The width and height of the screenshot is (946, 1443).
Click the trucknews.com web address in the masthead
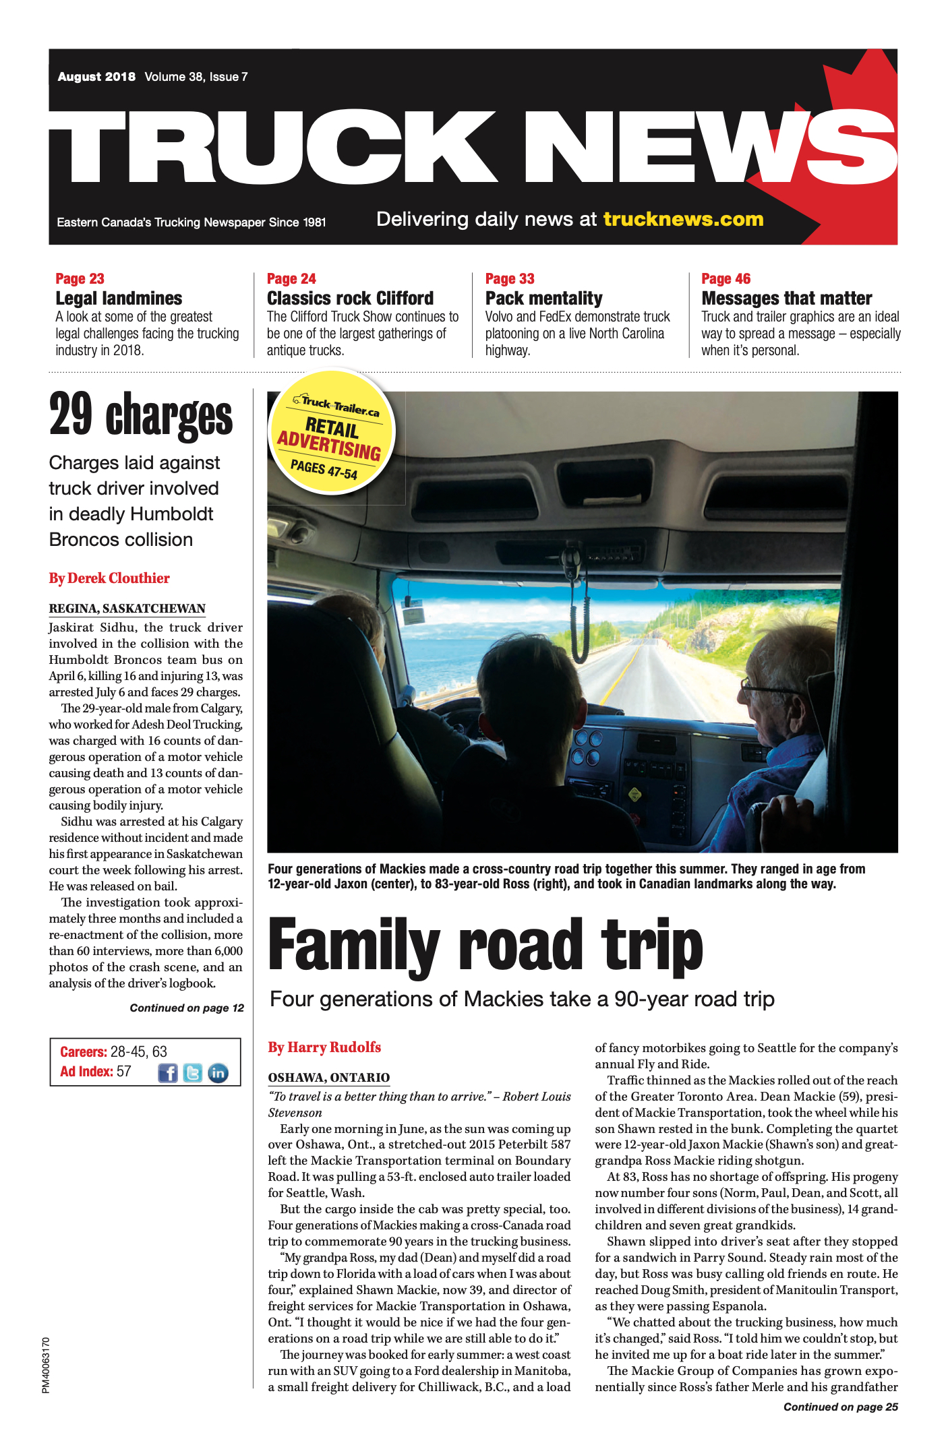(x=683, y=220)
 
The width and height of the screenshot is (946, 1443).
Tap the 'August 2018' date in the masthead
(x=96, y=77)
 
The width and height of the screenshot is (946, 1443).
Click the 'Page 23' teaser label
(x=80, y=278)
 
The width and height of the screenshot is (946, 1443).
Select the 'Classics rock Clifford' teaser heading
(x=350, y=298)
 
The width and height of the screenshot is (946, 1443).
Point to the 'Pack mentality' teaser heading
(x=543, y=298)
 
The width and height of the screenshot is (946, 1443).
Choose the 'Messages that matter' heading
(x=786, y=298)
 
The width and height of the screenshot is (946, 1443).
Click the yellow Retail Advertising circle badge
(x=331, y=431)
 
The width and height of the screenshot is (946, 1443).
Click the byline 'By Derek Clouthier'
(x=109, y=578)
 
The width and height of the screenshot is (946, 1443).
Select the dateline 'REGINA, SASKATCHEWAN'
(x=127, y=609)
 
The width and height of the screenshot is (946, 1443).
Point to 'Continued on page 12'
(x=187, y=1008)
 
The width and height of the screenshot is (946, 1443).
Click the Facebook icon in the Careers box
(x=167, y=1073)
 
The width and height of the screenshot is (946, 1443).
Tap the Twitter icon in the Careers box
(x=193, y=1073)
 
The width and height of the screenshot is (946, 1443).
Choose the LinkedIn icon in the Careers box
(x=218, y=1073)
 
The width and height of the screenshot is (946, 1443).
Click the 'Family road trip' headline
(x=485, y=945)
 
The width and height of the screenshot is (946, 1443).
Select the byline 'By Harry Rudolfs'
(x=324, y=1047)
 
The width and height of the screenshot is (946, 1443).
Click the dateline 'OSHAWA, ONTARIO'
(x=329, y=1077)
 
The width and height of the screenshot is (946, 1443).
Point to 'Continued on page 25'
(x=840, y=1407)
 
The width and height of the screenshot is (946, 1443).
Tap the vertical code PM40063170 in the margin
(x=46, y=1365)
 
